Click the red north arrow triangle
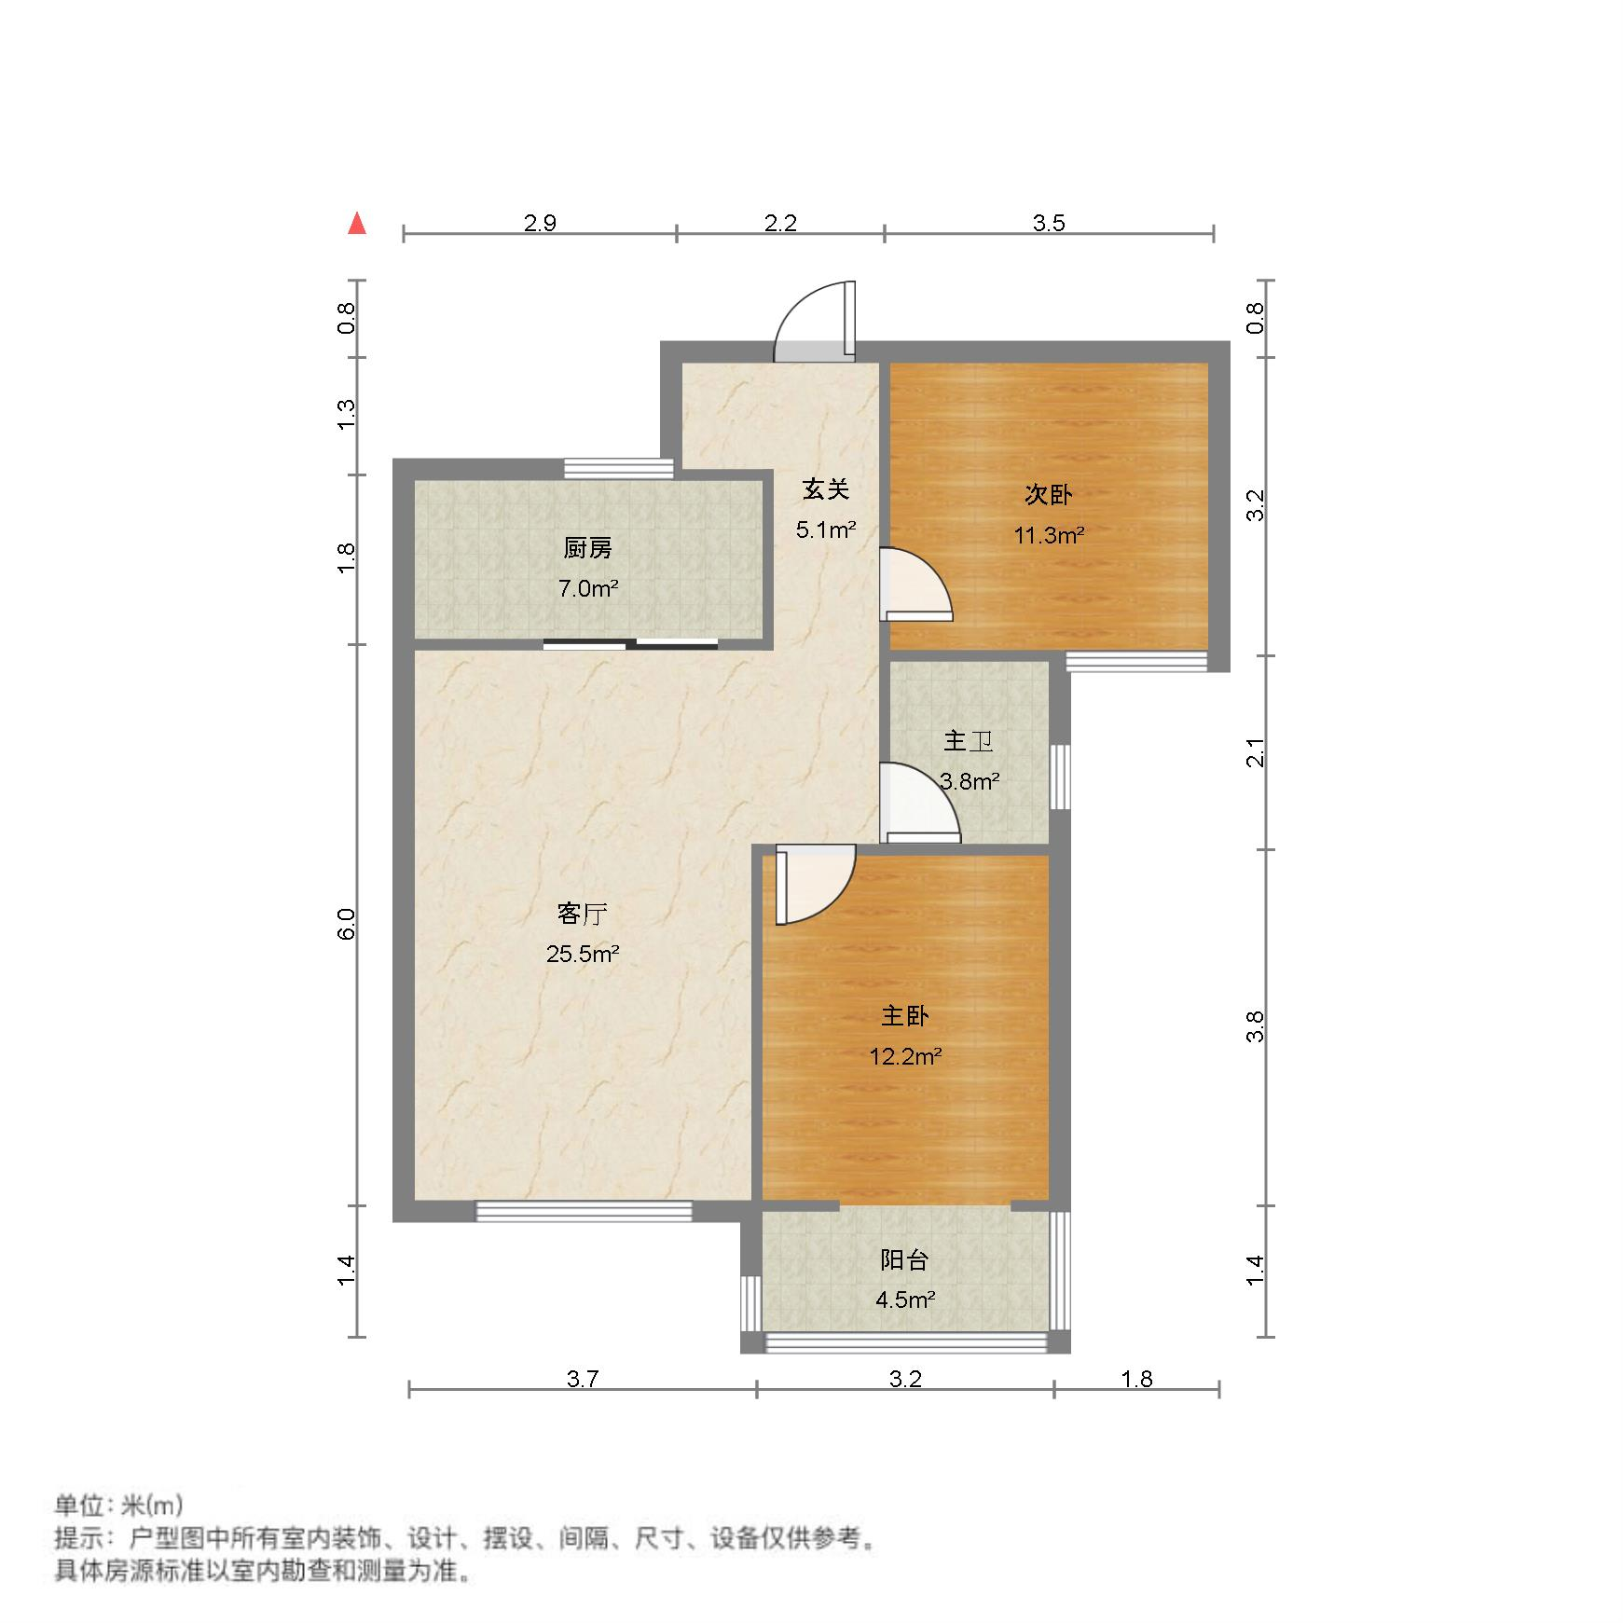pyautogui.click(x=356, y=224)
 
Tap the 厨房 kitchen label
pyautogui.click(x=587, y=548)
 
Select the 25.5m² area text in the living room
pyautogui.click(x=583, y=954)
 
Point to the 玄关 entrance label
pyautogui.click(x=826, y=488)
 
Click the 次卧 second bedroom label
pyautogui.click(x=1048, y=494)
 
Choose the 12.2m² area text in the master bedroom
pyautogui.click(x=904, y=1056)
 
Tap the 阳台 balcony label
pyautogui.click(x=904, y=1260)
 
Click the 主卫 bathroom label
pyautogui.click(x=968, y=741)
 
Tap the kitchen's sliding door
pyautogui.click(x=630, y=643)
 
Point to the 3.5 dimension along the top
pyautogui.click(x=1049, y=223)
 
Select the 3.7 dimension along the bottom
pyautogui.click(x=583, y=1379)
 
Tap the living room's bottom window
pyautogui.click(x=585, y=1211)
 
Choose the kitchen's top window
pyautogui.click(x=619, y=468)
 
